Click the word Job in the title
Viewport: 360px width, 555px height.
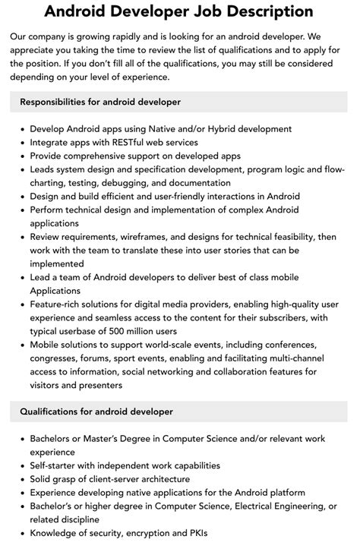click(x=187, y=11)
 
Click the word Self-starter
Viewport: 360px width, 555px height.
click(x=57, y=465)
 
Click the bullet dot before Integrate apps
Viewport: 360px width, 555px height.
click(x=21, y=142)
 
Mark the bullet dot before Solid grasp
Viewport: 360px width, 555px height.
click(x=21, y=479)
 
